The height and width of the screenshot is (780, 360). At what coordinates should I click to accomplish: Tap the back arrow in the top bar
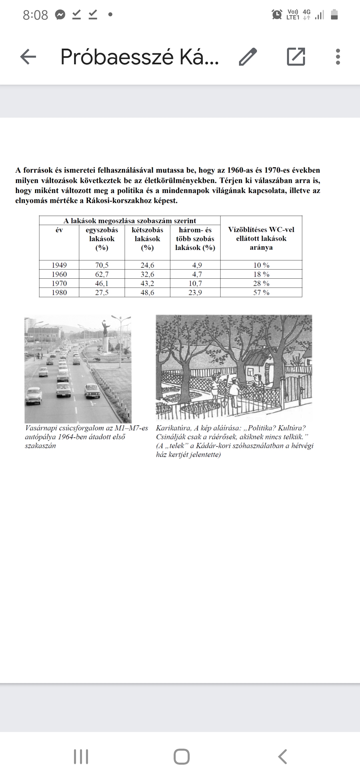pos(28,57)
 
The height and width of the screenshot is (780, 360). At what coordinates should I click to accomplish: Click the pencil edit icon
pos(248,57)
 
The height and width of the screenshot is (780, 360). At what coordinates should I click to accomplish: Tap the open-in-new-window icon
pos(296,57)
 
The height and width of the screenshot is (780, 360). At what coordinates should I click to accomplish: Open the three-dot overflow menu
pos(338,57)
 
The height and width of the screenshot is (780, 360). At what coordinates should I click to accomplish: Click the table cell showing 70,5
pos(102,265)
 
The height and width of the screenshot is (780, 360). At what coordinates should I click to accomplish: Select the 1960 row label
pos(59,274)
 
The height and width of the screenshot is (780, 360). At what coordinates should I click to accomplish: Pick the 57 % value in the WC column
pos(261,293)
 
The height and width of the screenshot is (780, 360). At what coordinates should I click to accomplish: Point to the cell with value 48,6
pos(147,293)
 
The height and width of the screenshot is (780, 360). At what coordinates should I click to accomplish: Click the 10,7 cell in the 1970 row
pos(195,284)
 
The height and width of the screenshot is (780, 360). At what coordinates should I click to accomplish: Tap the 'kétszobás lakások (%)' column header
pos(147,239)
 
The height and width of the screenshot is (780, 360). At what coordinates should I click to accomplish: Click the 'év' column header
pos(59,230)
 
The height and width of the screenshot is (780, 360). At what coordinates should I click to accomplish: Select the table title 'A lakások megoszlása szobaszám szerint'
pos(130,221)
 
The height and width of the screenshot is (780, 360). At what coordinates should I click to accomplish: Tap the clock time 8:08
pos(35,15)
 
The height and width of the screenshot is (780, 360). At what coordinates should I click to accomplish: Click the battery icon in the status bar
pos(334,15)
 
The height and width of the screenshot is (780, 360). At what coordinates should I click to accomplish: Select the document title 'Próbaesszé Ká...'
pos(139,57)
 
